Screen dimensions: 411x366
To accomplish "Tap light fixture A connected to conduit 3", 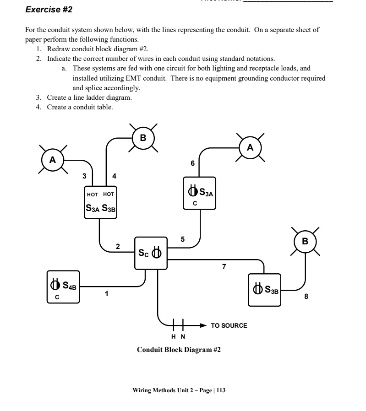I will (52, 160).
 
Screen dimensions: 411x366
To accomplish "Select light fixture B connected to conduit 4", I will (143, 137).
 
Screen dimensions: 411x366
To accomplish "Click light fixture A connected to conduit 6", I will (250, 147).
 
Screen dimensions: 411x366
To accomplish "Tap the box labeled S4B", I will (63, 287).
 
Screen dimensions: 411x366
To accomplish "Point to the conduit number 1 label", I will (107, 294).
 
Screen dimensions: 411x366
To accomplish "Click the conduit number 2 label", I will (118, 246).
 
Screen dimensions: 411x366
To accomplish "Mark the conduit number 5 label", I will (182, 239).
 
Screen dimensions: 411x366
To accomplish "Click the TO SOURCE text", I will (229, 325).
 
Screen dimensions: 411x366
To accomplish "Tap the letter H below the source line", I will (174, 337).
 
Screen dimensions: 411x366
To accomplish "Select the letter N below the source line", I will (183, 337).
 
